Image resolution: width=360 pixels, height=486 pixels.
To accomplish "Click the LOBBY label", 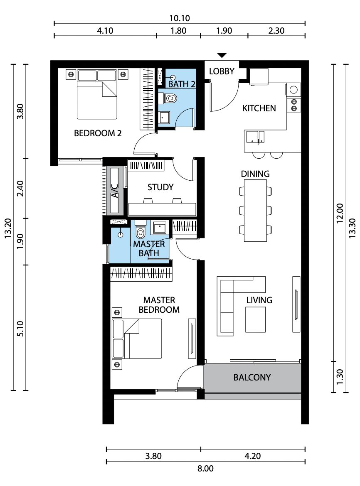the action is (222, 71).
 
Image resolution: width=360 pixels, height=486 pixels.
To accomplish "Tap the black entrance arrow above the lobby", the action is (222, 55).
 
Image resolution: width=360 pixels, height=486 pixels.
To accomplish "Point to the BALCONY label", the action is (252, 377).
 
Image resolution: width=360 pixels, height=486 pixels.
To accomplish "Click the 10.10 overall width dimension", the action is (180, 18).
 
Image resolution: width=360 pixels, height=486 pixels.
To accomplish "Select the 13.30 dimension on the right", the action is (352, 228).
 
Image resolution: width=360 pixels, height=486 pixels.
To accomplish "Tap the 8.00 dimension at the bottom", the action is (205, 468).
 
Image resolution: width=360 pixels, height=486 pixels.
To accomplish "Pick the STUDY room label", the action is (160, 187).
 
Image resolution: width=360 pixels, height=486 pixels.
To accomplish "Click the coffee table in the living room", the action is (256, 319).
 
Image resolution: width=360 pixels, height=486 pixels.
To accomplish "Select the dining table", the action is (255, 211).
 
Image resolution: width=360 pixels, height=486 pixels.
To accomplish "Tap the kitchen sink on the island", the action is (255, 137).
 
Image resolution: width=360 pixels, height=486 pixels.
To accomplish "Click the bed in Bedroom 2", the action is (97, 94).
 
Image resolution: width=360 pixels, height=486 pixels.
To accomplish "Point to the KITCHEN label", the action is (259, 108).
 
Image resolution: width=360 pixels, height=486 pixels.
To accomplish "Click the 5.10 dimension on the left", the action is (20, 329).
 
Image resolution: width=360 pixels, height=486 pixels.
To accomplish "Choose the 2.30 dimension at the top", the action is (276, 31).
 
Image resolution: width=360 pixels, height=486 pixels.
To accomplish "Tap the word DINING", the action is (255, 174).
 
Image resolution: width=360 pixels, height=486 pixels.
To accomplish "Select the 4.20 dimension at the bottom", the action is (252, 456).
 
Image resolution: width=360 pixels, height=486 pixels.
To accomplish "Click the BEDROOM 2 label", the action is (98, 133).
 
